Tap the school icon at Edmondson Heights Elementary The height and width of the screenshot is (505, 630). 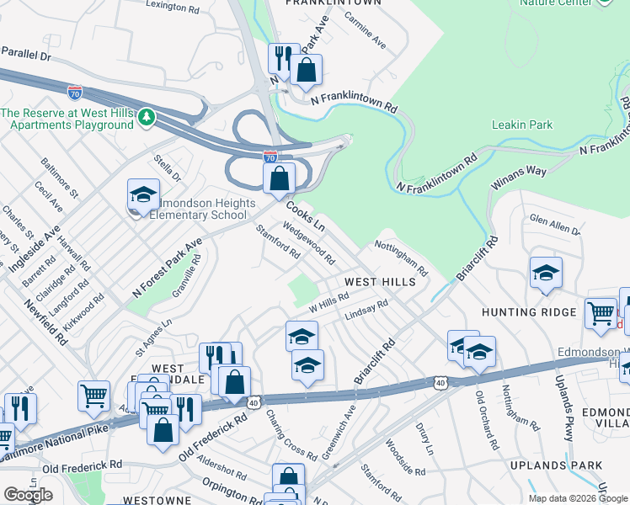(144, 194)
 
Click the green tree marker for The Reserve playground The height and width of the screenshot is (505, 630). (147, 114)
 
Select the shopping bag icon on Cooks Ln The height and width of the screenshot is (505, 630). (279, 178)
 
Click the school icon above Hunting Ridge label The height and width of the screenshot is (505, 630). (546, 273)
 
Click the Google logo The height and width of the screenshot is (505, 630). (28, 495)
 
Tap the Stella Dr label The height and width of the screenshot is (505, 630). (167, 167)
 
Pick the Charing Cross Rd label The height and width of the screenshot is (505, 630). (291, 435)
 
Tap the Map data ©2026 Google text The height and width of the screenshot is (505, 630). (578, 498)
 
